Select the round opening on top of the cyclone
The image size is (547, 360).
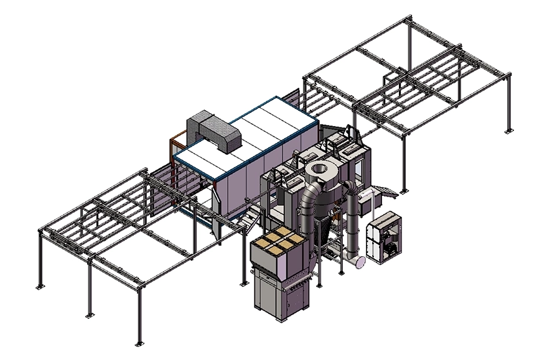tap(321, 168)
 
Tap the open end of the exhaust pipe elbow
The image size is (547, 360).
tap(359, 263)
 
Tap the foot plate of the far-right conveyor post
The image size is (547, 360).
tap(508, 131)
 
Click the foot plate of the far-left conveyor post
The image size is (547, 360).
tap(40, 286)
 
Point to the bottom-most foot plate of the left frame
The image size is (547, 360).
tap(138, 343)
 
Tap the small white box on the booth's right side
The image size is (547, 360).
tap(372, 202)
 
